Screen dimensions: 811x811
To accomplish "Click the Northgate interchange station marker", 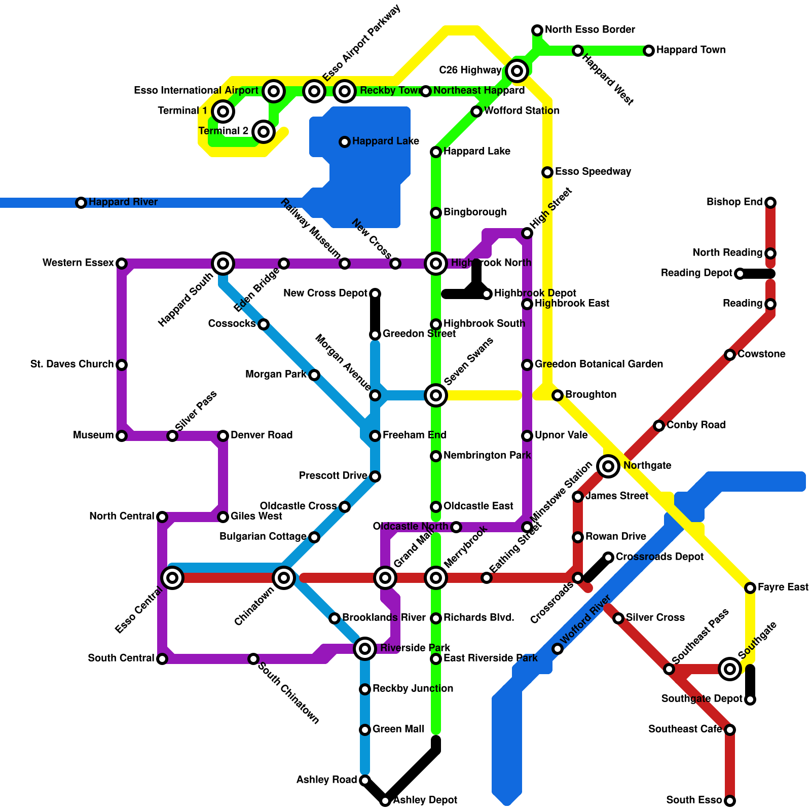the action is pos(608,466).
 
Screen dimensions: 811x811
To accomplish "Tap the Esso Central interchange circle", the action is pos(172,577).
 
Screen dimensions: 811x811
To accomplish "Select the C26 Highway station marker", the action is pos(517,71).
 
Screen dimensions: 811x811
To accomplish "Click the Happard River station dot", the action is pos(81,203).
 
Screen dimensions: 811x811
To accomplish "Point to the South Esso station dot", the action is pos(730,801).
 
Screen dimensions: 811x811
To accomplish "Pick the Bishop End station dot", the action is pos(770,203).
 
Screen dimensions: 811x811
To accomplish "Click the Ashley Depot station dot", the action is pos(385,801).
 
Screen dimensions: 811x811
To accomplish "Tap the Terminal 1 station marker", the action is pos(223,111).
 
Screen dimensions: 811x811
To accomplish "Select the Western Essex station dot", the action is pos(122,264).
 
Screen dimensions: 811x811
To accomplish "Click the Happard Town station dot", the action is pos(649,51).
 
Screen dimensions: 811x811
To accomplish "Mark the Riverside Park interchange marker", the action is pos(365,648).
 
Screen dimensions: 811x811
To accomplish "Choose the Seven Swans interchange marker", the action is pos(436,395).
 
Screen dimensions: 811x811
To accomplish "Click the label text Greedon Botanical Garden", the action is pos(599,364).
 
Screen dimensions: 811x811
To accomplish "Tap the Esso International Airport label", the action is pos(196,91).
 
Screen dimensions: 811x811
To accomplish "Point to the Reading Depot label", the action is pos(696,273).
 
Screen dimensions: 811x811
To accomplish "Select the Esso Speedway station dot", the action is pos(547,172).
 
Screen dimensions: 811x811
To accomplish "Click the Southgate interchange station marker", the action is pos(730,669).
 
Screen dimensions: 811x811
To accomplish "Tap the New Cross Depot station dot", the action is pos(375,294).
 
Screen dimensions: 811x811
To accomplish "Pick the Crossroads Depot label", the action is pos(659,557).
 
